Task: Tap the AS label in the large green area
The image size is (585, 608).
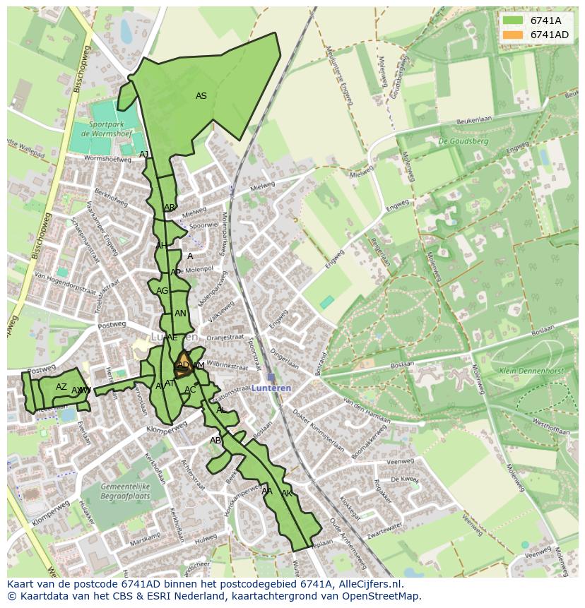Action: (x=201, y=96)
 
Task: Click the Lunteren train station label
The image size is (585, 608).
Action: (x=271, y=388)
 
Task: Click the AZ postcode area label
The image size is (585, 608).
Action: (x=61, y=387)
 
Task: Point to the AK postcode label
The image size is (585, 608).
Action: (x=287, y=493)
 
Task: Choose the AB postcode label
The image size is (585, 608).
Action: (x=215, y=441)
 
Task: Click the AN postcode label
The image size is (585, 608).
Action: (x=180, y=314)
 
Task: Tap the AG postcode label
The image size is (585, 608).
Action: (x=162, y=291)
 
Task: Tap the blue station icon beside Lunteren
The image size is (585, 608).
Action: (x=271, y=377)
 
